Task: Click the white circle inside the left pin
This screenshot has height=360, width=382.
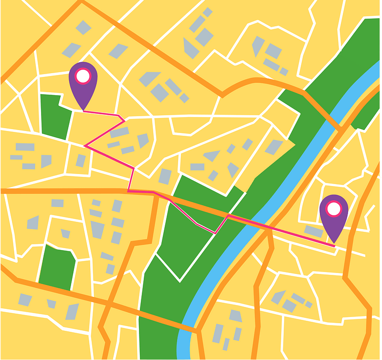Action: (x=83, y=76)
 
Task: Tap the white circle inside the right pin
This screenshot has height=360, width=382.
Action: (x=334, y=208)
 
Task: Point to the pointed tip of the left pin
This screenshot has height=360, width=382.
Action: (x=84, y=111)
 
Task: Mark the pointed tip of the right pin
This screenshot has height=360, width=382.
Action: (x=334, y=244)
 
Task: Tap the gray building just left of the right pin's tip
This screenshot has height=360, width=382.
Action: (x=314, y=231)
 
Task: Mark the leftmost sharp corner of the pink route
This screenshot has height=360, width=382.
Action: (x=85, y=145)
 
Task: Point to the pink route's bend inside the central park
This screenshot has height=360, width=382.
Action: (x=216, y=233)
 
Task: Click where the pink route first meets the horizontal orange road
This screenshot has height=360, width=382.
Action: (x=128, y=191)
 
